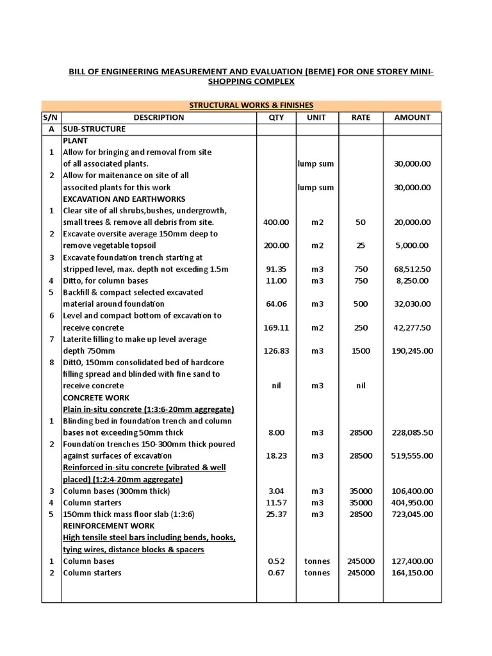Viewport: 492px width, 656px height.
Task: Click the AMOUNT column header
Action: pyautogui.click(x=412, y=117)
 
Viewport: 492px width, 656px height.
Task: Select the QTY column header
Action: pyautogui.click(x=276, y=117)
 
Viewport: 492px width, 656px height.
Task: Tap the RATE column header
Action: pyautogui.click(x=361, y=117)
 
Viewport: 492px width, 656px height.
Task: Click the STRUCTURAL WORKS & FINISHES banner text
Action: pyautogui.click(x=250, y=105)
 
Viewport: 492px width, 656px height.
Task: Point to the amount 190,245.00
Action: pyautogui.click(x=412, y=350)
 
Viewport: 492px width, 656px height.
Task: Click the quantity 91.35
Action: pyautogui.click(x=276, y=269)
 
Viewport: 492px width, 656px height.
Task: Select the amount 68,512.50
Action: pyautogui.click(x=412, y=269)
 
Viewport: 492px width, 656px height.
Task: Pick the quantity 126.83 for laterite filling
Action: pyautogui.click(x=276, y=350)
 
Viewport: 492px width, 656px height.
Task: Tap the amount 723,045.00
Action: pyautogui.click(x=412, y=514)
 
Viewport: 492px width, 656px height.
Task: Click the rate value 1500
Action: pyautogui.click(x=361, y=350)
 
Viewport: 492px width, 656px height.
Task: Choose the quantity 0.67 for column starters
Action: pyautogui.click(x=276, y=573)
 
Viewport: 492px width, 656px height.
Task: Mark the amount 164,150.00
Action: pyautogui.click(x=412, y=573)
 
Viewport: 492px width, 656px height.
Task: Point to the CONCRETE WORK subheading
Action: pyautogui.click(x=95, y=397)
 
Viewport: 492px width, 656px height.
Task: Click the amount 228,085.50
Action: pyautogui.click(x=412, y=432)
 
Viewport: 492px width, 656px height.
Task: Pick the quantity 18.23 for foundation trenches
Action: pyautogui.click(x=276, y=455)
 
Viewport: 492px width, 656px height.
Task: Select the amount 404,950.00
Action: pyautogui.click(x=412, y=502)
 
